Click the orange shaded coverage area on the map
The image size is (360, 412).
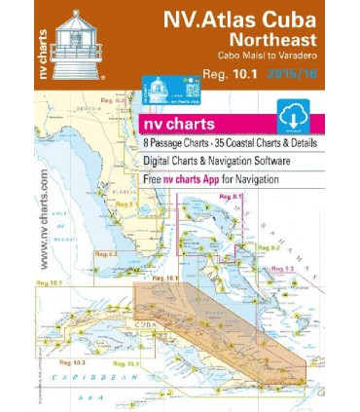click(214, 312)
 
